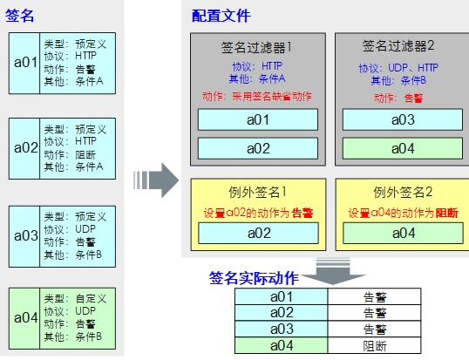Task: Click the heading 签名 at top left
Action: point(21,16)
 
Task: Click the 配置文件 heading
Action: point(221,16)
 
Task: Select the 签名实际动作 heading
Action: point(254,278)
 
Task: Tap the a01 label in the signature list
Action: point(24,62)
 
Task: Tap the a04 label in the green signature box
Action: point(24,317)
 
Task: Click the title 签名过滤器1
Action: point(257,47)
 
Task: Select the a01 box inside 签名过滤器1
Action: point(257,119)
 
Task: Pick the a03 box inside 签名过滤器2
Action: point(402,119)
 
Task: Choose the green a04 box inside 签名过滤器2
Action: point(402,149)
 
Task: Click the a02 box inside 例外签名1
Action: point(257,233)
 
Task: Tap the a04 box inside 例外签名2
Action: point(402,233)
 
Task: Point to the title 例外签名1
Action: point(257,191)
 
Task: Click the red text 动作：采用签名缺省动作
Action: point(257,96)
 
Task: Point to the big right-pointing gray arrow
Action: point(155,180)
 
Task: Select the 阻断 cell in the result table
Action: point(375,345)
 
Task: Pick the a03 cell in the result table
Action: point(282,329)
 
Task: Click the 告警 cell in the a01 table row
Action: point(375,296)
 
